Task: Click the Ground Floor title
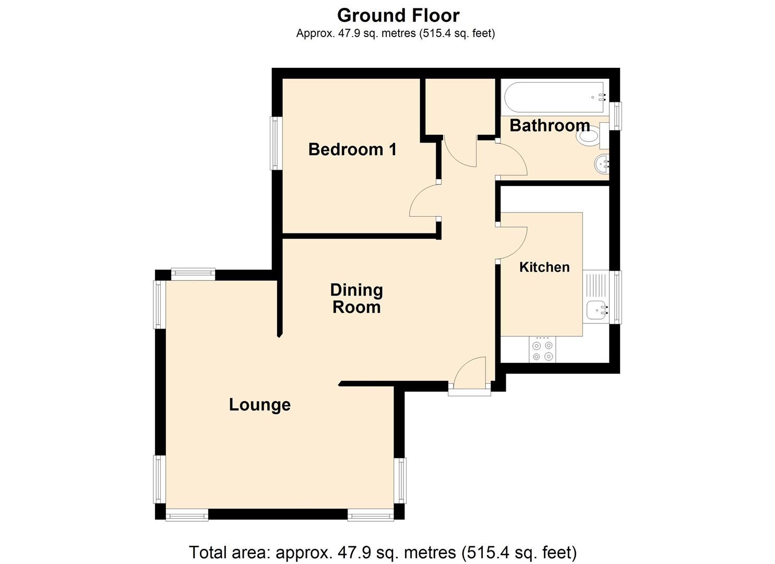(398, 16)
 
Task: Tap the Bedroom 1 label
(352, 149)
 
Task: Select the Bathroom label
(549, 125)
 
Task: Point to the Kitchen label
(544, 267)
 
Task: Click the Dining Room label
(356, 298)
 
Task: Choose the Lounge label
(259, 405)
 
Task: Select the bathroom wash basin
(601, 164)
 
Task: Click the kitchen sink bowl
(596, 310)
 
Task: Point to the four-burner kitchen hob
(542, 350)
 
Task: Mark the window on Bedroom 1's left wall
(276, 143)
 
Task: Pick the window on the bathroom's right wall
(617, 116)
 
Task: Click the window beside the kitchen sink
(617, 297)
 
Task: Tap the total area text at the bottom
(383, 552)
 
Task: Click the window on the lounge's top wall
(193, 274)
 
